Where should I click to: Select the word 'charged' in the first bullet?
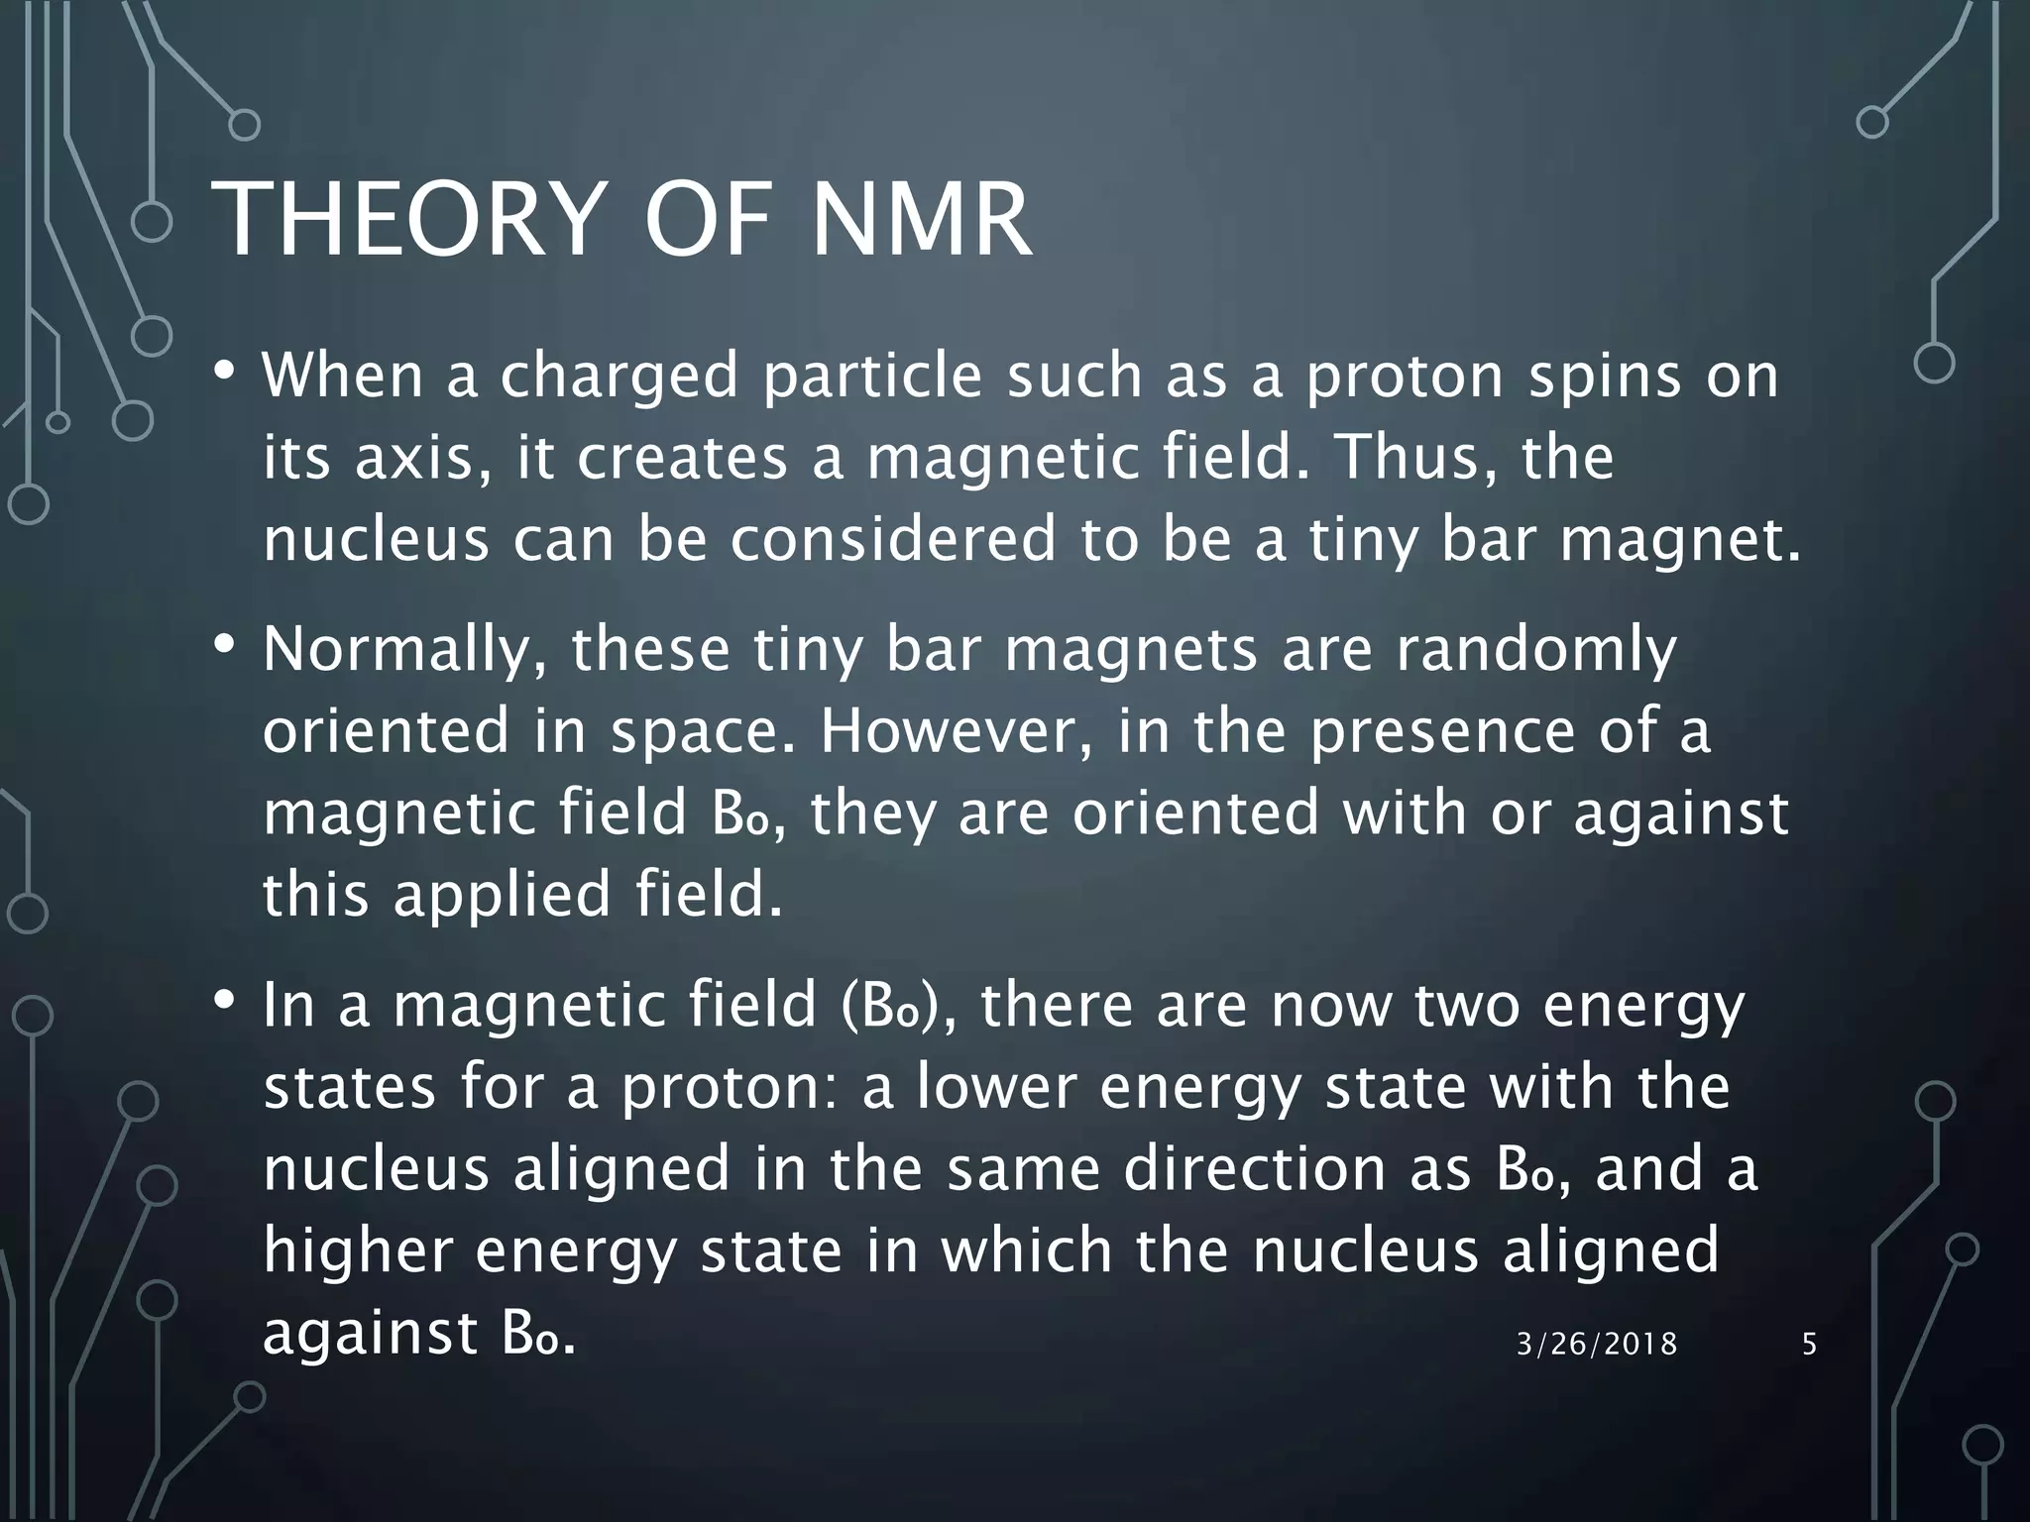(620, 378)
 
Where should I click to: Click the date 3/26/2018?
(1597, 1344)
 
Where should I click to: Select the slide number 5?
(1809, 1344)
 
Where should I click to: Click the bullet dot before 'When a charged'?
(225, 373)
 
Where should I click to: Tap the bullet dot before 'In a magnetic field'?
(225, 1001)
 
